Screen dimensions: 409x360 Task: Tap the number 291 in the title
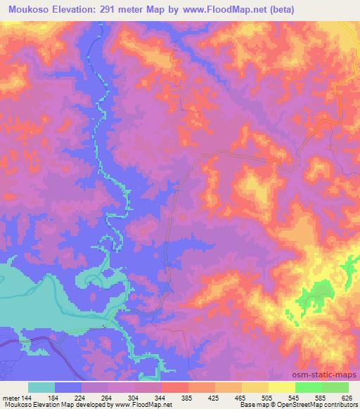pos(105,10)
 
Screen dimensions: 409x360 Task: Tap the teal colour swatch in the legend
pos(41,387)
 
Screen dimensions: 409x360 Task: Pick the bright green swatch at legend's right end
pos(335,387)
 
